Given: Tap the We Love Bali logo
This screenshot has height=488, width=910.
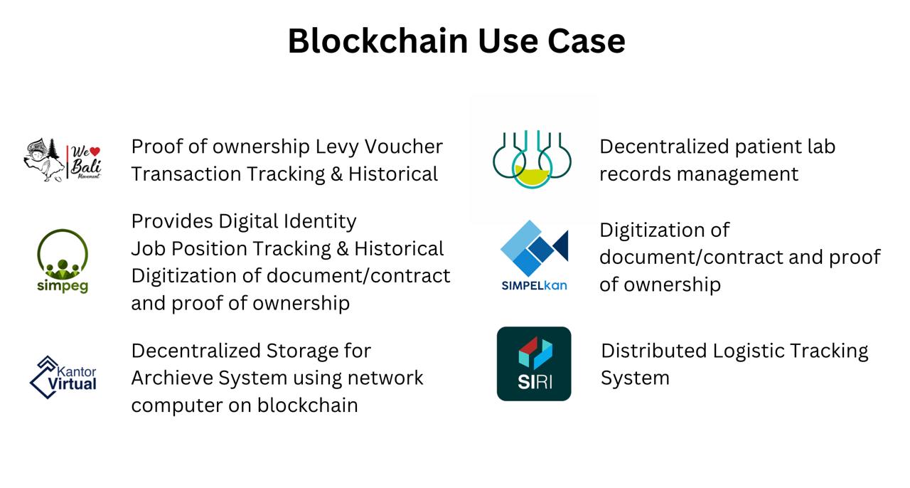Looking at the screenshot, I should tap(63, 159).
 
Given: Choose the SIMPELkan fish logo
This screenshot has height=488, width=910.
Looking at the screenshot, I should tap(534, 255).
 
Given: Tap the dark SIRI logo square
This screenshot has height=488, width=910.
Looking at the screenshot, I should tap(534, 364).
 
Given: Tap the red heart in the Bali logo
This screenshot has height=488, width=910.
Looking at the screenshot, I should tap(95, 151).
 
